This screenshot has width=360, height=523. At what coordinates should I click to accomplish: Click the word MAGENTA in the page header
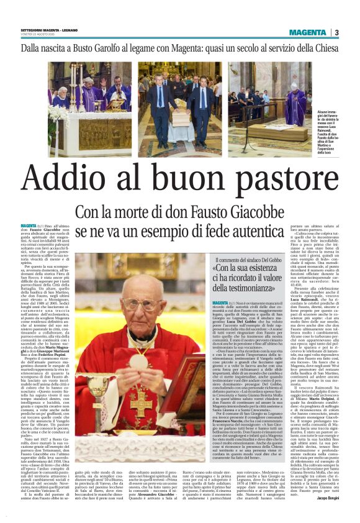coord(308,32)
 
